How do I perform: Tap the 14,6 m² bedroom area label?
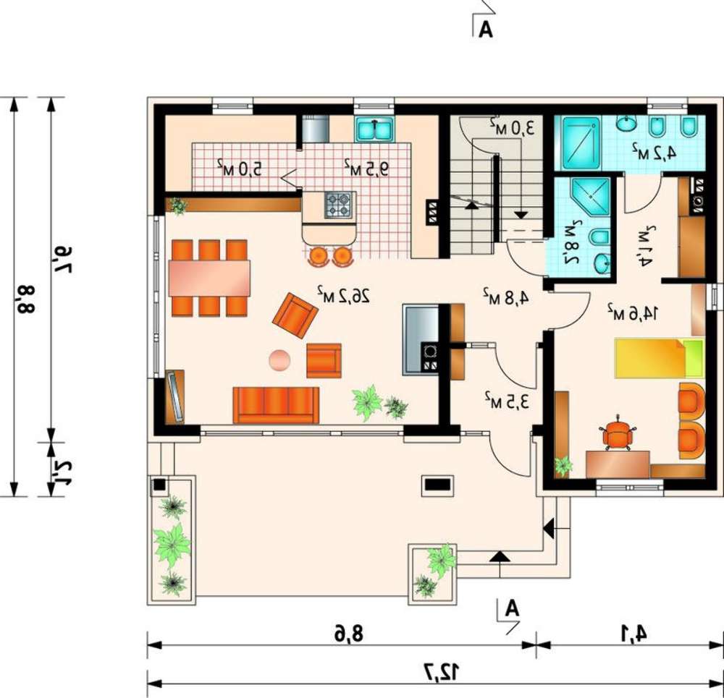tap(632, 312)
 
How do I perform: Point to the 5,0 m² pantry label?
tap(239, 169)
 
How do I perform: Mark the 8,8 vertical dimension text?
tap(26, 298)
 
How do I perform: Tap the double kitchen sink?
tap(374, 129)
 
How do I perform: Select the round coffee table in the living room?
tap(279, 360)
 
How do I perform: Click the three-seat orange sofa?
tap(276, 405)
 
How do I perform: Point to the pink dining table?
tap(209, 278)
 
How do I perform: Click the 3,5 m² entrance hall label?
tap(507, 401)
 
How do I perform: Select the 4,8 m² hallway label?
tap(505, 296)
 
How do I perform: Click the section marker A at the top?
tap(485, 30)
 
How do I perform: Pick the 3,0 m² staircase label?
tap(512, 127)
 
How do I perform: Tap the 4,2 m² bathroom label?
tap(654, 152)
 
